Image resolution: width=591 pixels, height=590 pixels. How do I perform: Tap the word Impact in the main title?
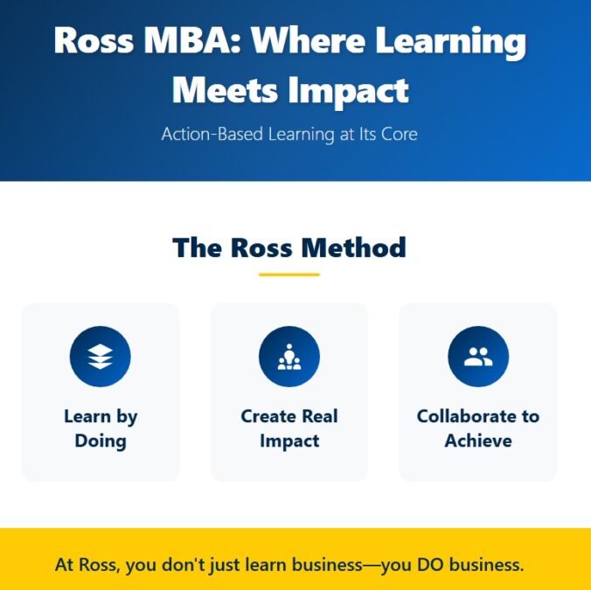tap(350, 90)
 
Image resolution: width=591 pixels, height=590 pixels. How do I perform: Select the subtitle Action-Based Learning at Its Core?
tap(289, 135)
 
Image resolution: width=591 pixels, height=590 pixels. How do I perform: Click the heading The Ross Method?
tap(289, 247)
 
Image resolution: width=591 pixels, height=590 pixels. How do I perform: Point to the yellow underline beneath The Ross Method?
tap(289, 274)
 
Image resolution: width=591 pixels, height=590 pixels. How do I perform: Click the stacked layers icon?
tap(101, 357)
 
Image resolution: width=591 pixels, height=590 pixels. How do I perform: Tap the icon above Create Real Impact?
tap(289, 357)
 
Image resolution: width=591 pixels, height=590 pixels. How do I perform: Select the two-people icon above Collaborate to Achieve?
tap(478, 357)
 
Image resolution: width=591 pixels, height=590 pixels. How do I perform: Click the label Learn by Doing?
tap(101, 428)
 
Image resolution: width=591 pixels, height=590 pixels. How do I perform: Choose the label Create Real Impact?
tap(289, 428)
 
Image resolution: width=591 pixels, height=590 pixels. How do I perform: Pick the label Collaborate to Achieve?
tap(478, 428)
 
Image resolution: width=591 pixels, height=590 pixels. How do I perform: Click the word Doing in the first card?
tap(101, 441)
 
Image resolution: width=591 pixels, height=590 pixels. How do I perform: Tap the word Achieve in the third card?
tap(478, 441)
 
